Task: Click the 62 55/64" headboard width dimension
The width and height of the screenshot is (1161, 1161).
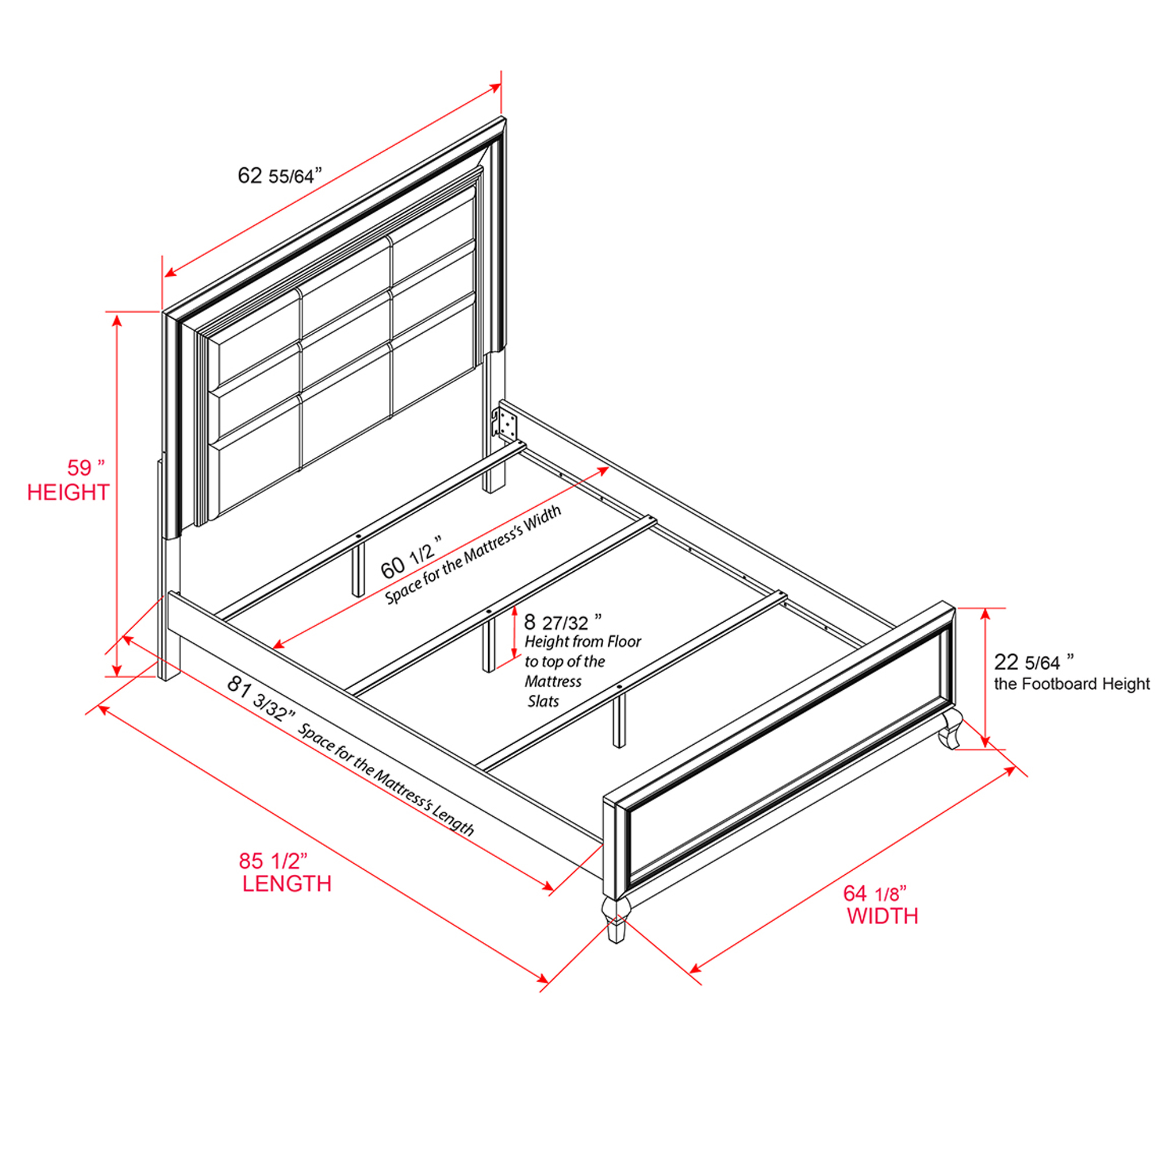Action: [280, 175]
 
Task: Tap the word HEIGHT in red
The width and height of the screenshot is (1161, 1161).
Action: [68, 493]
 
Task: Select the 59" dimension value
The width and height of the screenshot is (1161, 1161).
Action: [86, 467]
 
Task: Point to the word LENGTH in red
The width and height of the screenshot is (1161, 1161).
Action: [287, 884]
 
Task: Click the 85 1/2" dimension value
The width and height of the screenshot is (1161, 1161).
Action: [273, 860]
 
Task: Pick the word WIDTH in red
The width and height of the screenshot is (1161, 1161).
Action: [883, 917]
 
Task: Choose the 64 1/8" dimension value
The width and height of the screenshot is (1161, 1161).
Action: [875, 893]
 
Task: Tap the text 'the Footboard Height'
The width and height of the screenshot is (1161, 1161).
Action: [1072, 684]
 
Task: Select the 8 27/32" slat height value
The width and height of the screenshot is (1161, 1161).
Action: [563, 621]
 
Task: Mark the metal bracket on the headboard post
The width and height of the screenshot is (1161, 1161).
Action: [504, 423]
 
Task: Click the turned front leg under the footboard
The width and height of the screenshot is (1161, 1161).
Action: [616, 920]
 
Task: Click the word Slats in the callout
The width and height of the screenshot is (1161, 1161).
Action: [543, 701]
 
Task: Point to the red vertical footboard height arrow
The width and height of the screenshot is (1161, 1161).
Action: [986, 678]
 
